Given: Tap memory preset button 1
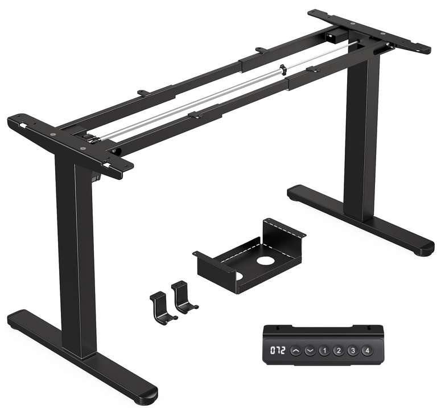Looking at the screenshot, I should [324, 351].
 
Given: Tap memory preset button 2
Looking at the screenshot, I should [338, 351].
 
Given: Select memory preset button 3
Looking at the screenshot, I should [352, 351].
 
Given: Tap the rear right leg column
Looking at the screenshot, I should [362, 137].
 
